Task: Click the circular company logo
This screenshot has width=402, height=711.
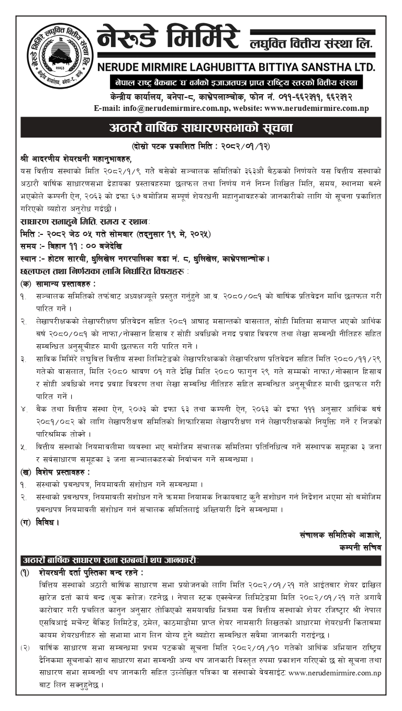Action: [60, 57]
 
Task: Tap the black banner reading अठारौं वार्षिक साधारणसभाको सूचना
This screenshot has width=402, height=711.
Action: [201, 128]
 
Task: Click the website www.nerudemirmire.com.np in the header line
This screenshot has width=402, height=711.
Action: [317, 108]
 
